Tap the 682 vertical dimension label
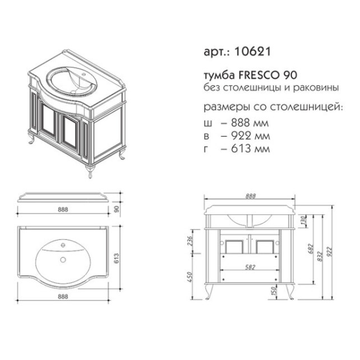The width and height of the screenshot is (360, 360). coord(310,247)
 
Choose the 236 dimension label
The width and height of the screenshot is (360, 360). coord(190,241)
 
